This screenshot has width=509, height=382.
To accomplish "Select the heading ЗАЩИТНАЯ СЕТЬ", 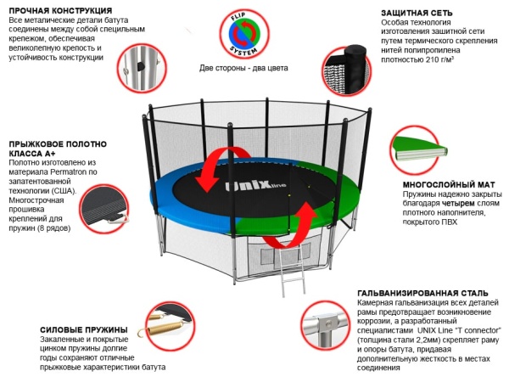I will pos(409,13).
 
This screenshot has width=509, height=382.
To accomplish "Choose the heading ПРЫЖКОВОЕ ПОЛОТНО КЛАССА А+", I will pos(51,149).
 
